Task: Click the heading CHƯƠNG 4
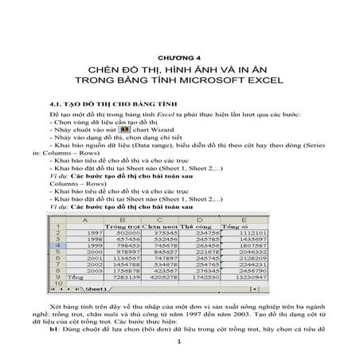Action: click(x=180, y=58)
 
